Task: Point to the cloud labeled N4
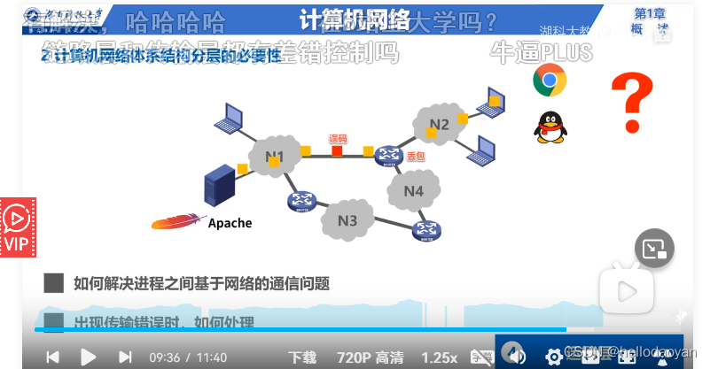point(413,190)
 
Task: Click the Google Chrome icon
point(550,81)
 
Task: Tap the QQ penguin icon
point(550,127)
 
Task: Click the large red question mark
point(633,102)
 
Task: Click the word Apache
point(230,223)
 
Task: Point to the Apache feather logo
point(177,221)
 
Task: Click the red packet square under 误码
point(338,150)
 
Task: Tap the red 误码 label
point(338,138)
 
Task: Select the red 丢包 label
point(415,155)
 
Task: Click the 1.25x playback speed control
point(440,357)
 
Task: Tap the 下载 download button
point(301,357)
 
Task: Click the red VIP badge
point(17,227)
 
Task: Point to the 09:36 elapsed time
point(164,357)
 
